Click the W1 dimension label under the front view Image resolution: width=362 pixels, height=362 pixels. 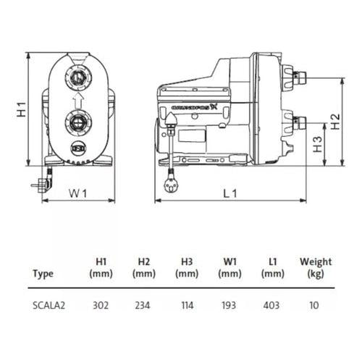[77, 193]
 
